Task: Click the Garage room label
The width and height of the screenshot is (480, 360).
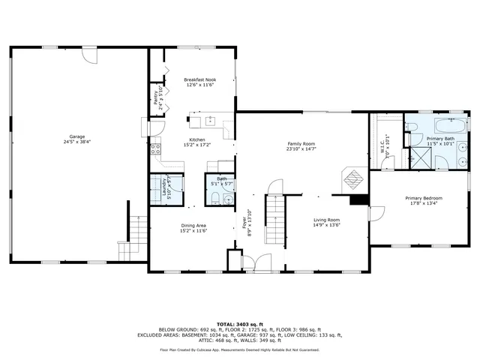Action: (73, 136)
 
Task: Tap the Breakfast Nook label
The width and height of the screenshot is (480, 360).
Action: (199, 79)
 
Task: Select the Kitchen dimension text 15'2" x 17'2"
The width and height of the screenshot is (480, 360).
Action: (196, 145)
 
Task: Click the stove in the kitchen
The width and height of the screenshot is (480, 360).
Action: (156, 148)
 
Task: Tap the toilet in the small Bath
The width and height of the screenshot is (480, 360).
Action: (214, 199)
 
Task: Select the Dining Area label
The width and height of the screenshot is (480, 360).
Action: (193, 226)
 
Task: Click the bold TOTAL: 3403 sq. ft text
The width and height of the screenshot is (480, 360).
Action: (239, 323)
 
